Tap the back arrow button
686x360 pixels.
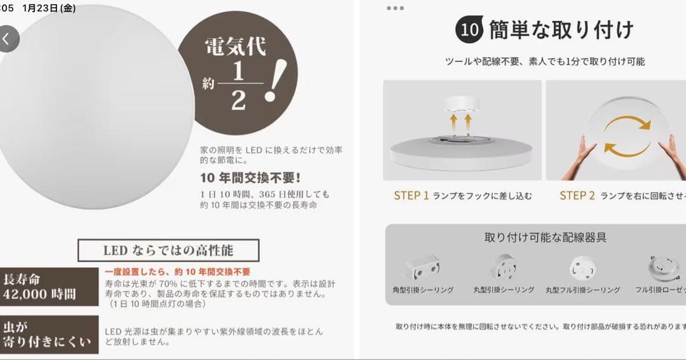point(6,39)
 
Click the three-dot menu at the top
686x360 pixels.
point(394,8)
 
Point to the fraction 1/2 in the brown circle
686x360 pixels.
point(238,85)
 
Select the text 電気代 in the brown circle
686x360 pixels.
point(234,46)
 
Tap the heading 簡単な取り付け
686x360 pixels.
point(561,30)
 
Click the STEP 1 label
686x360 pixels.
point(411,196)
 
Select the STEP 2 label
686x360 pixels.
point(577,196)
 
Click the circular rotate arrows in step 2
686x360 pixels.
point(627,135)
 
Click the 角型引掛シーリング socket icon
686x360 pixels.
point(423,267)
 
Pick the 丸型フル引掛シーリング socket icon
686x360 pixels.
point(582,267)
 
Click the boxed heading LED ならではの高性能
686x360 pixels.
point(168,250)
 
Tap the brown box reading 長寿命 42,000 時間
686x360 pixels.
point(49,286)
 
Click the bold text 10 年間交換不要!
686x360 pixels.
point(250,177)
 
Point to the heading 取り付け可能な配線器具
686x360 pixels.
point(545,237)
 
